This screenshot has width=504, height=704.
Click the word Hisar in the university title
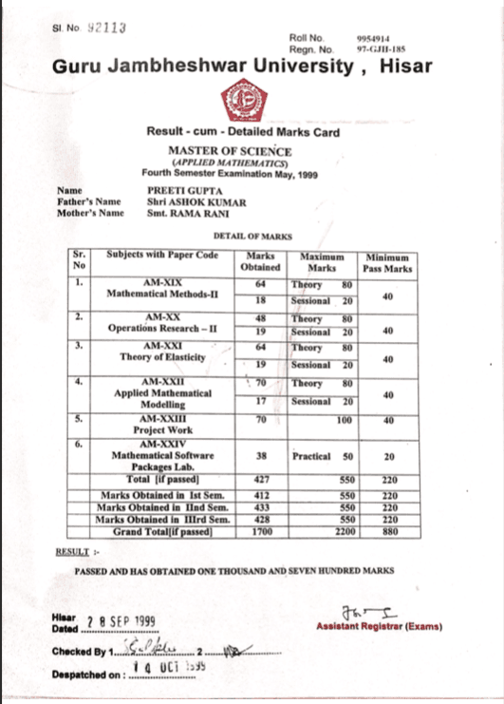[x=405, y=67]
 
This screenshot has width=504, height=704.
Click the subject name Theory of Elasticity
[x=163, y=357]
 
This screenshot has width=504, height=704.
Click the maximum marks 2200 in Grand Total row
[x=340, y=531]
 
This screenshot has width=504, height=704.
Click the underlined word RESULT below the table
[x=71, y=550]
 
